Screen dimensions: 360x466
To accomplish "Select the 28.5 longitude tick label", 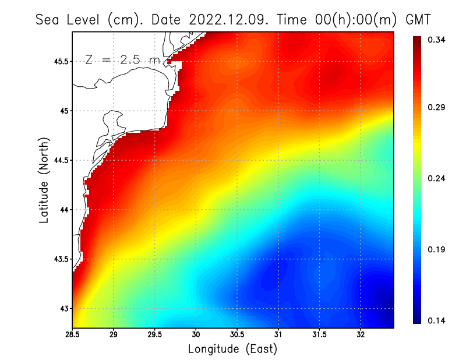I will coord(72,335).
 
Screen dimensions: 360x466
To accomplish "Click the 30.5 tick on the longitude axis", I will coord(237,335).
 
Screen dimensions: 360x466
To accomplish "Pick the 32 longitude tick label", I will coord(361,335).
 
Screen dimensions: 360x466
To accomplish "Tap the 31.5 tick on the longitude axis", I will coord(319,335).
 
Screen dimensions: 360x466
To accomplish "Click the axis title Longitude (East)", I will coord(232,349).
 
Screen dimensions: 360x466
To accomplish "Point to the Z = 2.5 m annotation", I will coord(122,59).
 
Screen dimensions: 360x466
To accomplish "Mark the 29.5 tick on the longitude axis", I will coord(155,335).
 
